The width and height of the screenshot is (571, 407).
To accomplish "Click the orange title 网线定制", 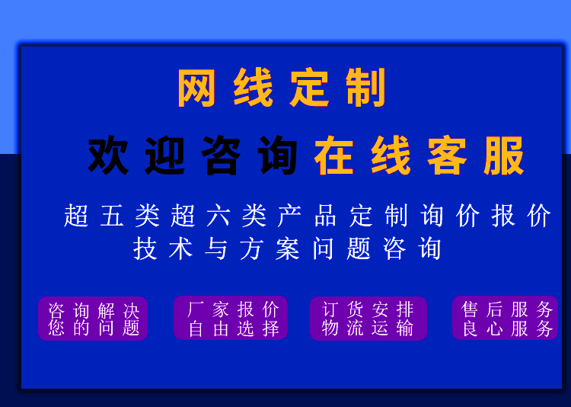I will [282, 88].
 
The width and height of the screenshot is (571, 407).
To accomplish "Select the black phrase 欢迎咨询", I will [193, 156].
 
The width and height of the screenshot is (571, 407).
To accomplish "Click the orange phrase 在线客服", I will [419, 156].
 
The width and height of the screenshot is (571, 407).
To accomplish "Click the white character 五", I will [112, 216].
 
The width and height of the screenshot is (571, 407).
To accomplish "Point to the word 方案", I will [270, 248].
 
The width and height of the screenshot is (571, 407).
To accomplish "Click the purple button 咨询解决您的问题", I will [93, 319].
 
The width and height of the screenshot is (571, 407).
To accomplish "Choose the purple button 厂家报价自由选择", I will [231, 318].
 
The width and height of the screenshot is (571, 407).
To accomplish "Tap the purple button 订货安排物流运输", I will [368, 318].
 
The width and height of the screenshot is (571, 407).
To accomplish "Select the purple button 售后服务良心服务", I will [506, 318].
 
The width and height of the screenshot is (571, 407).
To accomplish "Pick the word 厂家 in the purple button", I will [207, 309].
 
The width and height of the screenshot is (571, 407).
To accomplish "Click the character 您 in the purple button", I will [57, 328].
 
